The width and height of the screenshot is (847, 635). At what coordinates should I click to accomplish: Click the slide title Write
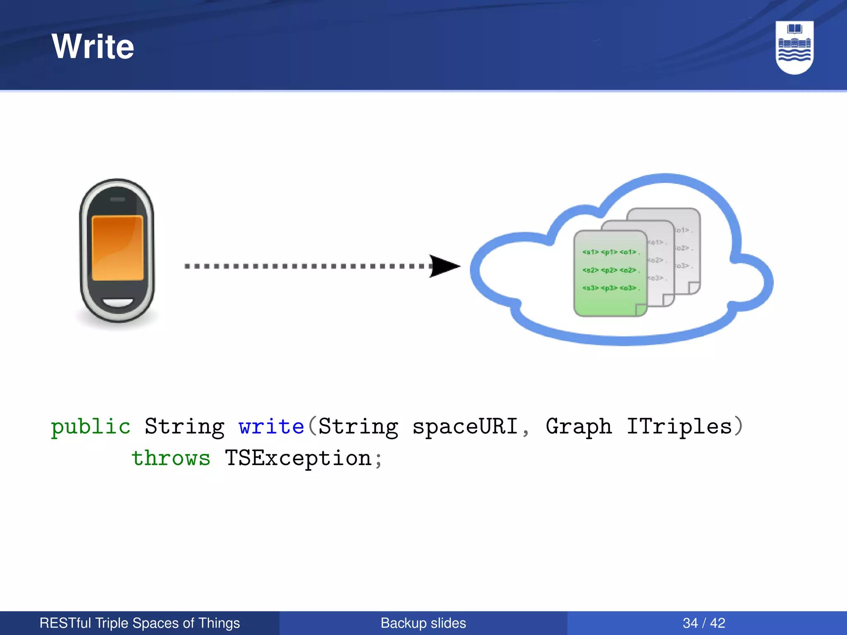click(x=93, y=46)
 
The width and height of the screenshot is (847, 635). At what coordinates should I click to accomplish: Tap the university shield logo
click(x=794, y=47)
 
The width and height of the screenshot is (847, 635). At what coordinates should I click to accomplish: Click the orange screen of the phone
click(x=117, y=248)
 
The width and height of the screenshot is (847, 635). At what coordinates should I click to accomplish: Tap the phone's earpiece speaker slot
click(x=117, y=200)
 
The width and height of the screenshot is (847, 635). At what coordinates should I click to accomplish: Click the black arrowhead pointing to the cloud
click(x=444, y=266)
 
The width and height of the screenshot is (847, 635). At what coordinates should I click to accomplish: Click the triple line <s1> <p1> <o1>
click(x=610, y=252)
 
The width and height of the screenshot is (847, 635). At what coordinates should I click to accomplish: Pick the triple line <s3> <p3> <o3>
click(x=610, y=288)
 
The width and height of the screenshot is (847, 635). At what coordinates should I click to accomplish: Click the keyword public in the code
click(x=91, y=427)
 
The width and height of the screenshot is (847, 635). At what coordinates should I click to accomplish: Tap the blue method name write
click(x=271, y=426)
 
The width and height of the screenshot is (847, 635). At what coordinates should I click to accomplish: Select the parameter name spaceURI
click(x=465, y=426)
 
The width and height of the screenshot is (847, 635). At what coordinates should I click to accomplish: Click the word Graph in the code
click(x=578, y=427)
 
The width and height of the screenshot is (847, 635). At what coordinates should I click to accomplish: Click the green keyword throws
click(x=171, y=458)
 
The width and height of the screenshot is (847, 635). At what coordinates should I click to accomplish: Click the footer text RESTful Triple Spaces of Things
click(x=139, y=623)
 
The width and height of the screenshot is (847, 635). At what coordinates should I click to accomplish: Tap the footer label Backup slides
click(x=423, y=623)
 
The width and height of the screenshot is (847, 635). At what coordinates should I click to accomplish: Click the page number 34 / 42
click(x=704, y=623)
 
